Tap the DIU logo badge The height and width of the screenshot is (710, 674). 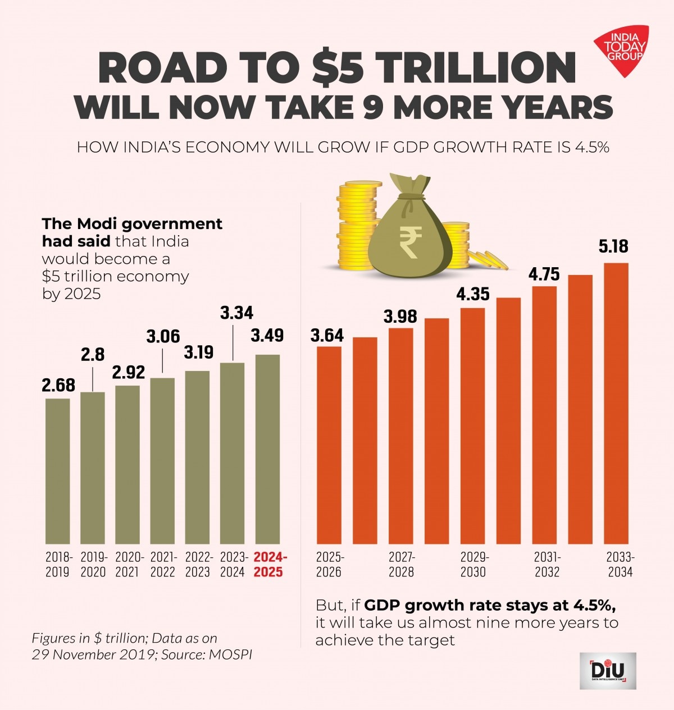(608, 671)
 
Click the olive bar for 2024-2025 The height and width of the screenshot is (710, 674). (268, 448)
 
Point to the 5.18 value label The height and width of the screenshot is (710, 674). (613, 246)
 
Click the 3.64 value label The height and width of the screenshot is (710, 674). (327, 336)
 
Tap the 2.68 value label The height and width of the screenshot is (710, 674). (58, 386)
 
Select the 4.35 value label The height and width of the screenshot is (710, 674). (472, 294)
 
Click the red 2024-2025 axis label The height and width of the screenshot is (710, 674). (270, 565)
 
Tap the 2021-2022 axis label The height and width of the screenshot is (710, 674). (163, 565)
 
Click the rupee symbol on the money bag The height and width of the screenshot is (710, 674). (410, 241)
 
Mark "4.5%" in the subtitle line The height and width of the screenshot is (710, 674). (591, 148)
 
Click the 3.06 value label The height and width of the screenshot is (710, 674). (163, 337)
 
